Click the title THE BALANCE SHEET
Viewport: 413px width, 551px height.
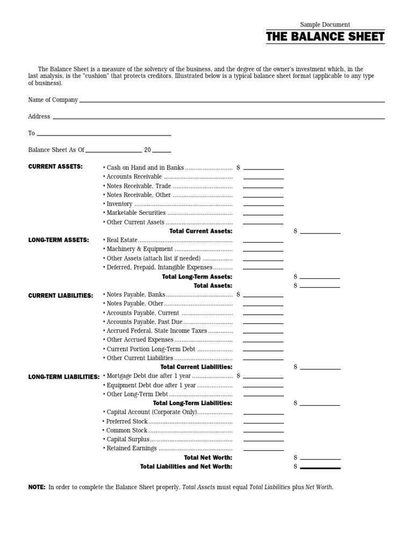(325, 37)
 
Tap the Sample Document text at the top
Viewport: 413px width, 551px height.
(325, 25)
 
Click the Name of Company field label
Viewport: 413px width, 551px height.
(53, 100)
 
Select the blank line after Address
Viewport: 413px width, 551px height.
(218, 117)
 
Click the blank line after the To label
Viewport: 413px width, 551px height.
(104, 135)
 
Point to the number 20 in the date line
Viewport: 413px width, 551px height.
(147, 150)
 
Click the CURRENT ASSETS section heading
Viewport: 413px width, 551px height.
(55, 167)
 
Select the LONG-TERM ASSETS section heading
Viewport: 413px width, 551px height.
(59, 240)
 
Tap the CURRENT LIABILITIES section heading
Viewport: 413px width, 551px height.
(61, 296)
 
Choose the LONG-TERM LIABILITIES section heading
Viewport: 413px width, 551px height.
(64, 377)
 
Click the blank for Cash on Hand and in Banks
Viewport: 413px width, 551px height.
(263, 168)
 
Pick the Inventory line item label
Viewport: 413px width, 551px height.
(119, 204)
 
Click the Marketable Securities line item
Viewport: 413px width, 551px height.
(136, 213)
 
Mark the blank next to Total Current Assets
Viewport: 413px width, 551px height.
(320, 232)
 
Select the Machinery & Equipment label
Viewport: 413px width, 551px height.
(140, 249)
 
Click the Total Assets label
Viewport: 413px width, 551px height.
(213, 286)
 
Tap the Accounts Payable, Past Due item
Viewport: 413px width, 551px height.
(144, 322)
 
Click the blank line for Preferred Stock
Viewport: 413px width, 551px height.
(263, 422)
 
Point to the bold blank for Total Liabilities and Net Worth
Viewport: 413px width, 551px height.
(320, 467)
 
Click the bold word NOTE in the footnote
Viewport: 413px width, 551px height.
(37, 487)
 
